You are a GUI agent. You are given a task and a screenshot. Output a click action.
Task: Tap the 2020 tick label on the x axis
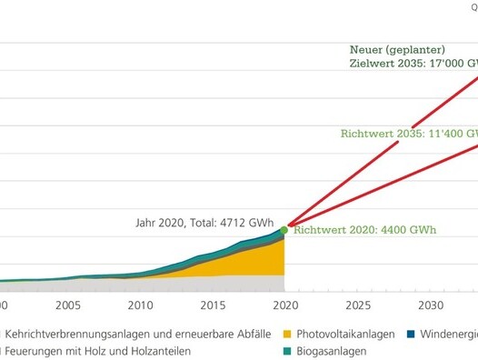click(285, 305)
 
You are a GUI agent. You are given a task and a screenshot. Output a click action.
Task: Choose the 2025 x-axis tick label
click(358, 305)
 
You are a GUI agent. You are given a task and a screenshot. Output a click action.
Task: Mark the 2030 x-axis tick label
click(431, 305)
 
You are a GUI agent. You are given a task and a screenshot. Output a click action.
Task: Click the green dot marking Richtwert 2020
click(284, 230)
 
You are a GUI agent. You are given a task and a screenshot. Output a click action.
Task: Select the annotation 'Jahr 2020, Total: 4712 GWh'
click(204, 219)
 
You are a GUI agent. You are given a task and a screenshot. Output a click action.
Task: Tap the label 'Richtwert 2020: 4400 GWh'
click(365, 230)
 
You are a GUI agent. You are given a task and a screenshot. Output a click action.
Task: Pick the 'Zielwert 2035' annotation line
click(413, 64)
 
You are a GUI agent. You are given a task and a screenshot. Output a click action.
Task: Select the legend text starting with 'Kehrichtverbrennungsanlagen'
click(135, 334)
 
